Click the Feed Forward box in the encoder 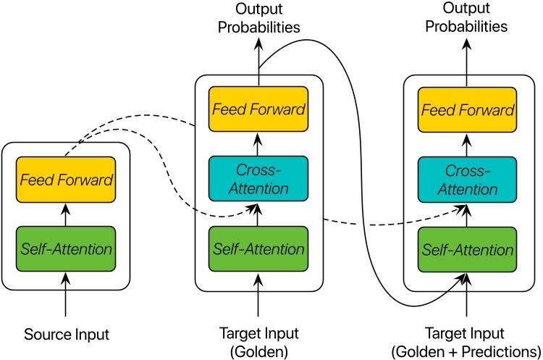[65, 179]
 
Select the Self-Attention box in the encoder [65, 249]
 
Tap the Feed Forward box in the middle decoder [258, 109]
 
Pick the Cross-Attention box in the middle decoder [258, 179]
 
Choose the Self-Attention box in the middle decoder [258, 249]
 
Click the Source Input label [66, 335]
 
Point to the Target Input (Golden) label [258, 341]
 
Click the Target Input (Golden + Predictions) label [467, 341]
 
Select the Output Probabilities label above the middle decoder [258, 18]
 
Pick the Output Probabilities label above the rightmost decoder [467, 18]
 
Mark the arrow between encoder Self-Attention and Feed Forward [66, 214]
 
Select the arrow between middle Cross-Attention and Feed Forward [258, 144]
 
